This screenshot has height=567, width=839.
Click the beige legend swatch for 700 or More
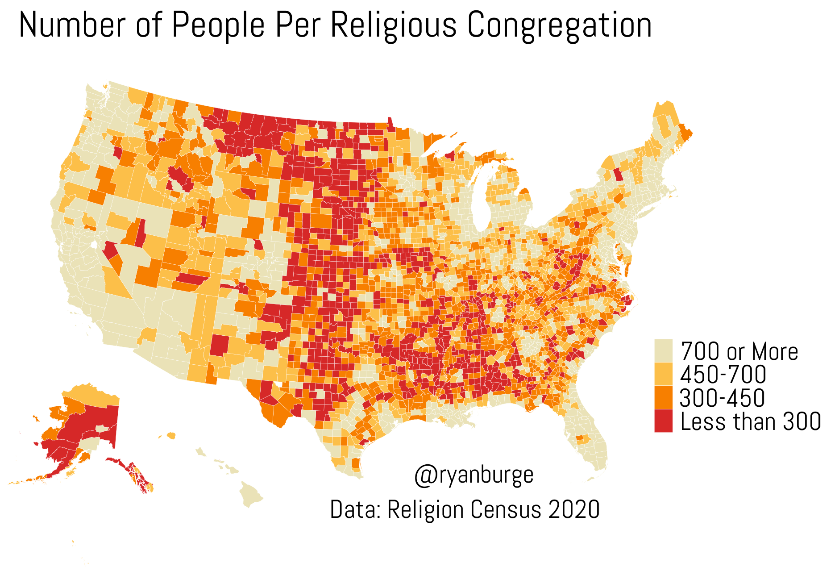663,351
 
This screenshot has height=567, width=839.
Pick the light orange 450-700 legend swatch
663,374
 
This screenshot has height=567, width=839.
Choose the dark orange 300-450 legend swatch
663,397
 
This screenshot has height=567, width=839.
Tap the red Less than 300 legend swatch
663,421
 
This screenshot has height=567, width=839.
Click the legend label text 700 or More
739,351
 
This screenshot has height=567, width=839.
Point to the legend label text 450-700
723,375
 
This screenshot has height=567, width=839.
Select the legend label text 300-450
722,398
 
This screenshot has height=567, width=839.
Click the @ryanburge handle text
473,475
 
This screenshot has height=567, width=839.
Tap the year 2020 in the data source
574,510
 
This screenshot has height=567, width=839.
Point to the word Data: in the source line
355,510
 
